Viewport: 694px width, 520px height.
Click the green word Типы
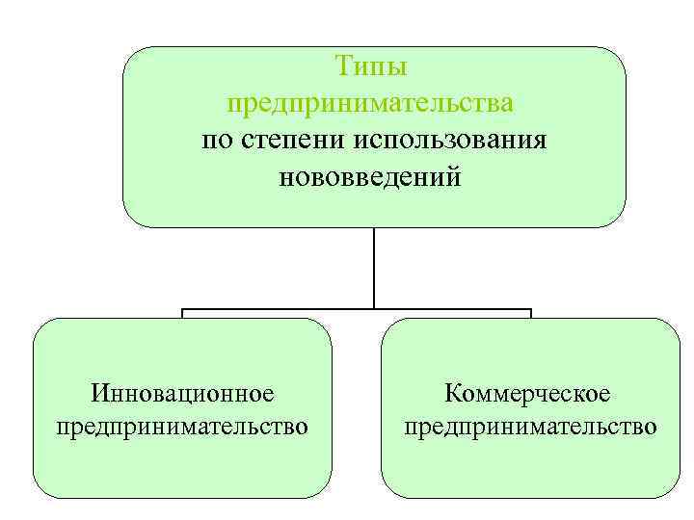(x=371, y=66)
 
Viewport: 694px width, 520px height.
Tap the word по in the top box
(x=216, y=140)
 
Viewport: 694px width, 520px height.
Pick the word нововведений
(x=371, y=176)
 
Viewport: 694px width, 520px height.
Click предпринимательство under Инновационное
(x=183, y=425)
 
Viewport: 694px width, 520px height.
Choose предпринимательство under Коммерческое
(x=530, y=425)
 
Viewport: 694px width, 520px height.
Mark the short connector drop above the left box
(x=183, y=314)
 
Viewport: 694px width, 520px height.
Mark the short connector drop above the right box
(x=531, y=314)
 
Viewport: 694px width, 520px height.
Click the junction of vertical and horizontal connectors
(x=374, y=310)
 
